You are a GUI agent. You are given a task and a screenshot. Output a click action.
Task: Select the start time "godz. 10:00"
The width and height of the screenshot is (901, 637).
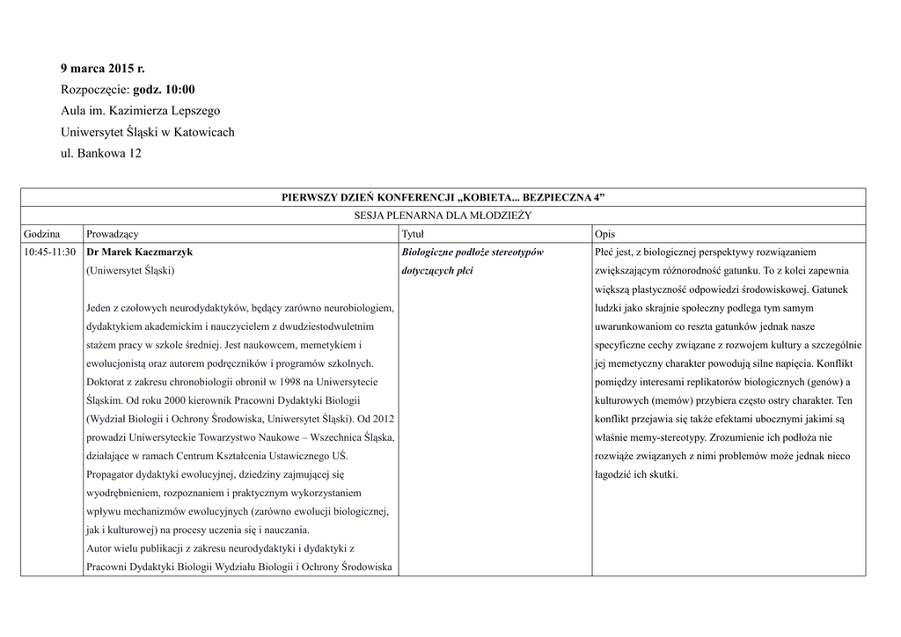pos(164,90)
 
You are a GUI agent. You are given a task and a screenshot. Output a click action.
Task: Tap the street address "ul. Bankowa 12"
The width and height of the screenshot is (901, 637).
pos(100,154)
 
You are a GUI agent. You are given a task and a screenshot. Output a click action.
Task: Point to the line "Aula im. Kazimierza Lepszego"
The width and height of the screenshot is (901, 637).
pos(140,111)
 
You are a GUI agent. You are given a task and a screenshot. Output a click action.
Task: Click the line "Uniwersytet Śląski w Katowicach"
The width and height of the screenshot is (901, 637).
pos(147,133)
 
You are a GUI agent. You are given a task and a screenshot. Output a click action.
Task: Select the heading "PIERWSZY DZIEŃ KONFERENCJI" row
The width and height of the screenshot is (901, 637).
pos(443,197)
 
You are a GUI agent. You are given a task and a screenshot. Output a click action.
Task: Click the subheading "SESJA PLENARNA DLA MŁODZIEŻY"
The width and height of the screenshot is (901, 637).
pos(443,215)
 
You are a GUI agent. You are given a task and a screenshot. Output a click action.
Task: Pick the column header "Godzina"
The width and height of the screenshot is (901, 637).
pos(42,233)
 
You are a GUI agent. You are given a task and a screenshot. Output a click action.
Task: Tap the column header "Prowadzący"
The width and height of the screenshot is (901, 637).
pos(112,233)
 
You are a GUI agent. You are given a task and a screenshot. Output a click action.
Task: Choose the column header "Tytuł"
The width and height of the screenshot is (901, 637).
pos(413,233)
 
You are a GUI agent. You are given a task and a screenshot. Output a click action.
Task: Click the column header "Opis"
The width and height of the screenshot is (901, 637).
pos(604,233)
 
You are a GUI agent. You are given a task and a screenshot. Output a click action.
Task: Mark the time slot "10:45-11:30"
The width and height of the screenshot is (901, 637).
pos(50,252)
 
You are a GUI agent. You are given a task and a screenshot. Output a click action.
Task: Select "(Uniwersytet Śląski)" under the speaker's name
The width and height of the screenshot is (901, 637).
pos(130,271)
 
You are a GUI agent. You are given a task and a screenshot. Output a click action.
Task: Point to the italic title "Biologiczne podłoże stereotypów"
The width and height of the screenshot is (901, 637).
pos(472,252)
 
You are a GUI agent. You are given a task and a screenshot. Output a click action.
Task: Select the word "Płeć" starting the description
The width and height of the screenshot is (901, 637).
pos(606,252)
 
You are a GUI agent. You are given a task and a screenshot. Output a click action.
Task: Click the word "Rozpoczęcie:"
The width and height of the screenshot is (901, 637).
pos(95,90)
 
